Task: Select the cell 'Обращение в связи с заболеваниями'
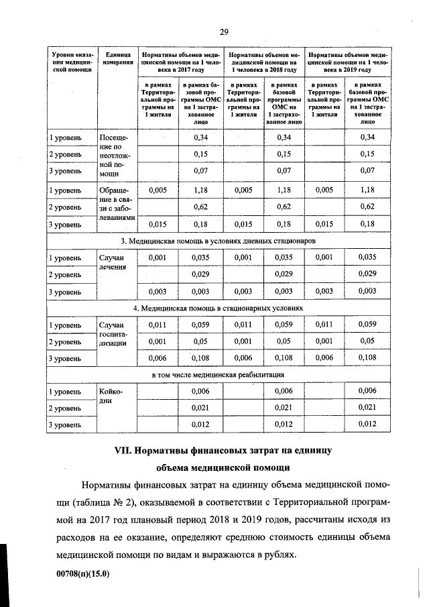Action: pos(117,207)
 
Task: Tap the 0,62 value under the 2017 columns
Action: pos(199,207)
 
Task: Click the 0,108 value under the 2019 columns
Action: pos(366,358)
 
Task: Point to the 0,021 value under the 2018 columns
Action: pos(283,408)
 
